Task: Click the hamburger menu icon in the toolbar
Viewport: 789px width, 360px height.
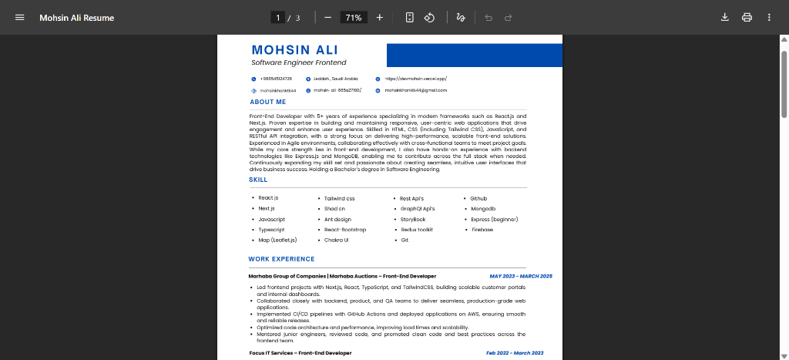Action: [x=20, y=18]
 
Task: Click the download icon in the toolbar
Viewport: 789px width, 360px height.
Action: [x=724, y=18]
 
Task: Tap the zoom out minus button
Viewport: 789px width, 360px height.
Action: [x=327, y=18]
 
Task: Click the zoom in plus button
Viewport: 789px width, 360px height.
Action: [x=379, y=18]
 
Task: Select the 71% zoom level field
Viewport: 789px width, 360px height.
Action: [x=354, y=18]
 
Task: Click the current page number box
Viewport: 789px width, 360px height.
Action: [x=277, y=18]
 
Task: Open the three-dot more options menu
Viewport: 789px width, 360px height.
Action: [x=769, y=18]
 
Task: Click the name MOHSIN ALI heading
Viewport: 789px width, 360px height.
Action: [x=294, y=50]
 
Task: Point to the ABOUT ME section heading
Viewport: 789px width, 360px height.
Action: [x=268, y=102]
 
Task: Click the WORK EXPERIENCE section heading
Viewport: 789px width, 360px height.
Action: [x=281, y=259]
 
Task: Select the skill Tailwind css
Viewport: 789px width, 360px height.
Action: [x=339, y=198]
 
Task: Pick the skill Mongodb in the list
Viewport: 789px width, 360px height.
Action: [x=482, y=209]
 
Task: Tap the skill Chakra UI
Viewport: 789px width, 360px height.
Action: [x=336, y=241]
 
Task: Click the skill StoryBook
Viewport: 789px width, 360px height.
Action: [x=413, y=220]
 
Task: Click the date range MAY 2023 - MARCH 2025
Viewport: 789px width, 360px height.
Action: [x=521, y=276]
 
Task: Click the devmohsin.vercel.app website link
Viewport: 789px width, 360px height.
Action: [x=416, y=79]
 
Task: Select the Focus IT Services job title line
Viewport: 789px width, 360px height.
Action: [x=300, y=353]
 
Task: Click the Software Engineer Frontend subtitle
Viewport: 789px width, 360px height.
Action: [x=299, y=62]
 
